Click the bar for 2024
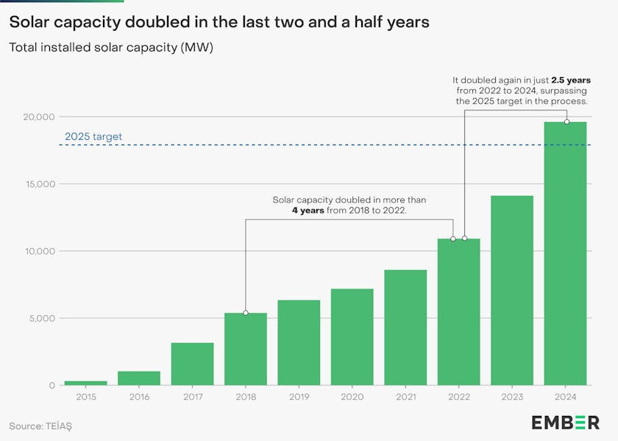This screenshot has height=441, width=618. pyautogui.click(x=565, y=253)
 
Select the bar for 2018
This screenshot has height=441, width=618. pyautogui.click(x=246, y=349)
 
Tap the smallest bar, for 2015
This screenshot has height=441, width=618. pyautogui.click(x=86, y=383)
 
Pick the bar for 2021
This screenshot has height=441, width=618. pyautogui.click(x=405, y=328)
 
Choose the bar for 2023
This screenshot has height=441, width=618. pyautogui.click(x=512, y=290)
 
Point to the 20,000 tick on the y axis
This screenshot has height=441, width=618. pyautogui.click(x=37, y=117)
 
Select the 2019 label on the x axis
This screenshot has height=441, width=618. pyautogui.click(x=299, y=397)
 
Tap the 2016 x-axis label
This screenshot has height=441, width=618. pyautogui.click(x=139, y=397)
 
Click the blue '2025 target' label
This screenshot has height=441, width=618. pyautogui.click(x=93, y=136)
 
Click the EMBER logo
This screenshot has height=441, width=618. pyautogui.click(x=565, y=422)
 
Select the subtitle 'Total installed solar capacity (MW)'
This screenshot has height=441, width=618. pyautogui.click(x=116, y=48)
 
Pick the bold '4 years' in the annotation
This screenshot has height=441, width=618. pyautogui.click(x=308, y=211)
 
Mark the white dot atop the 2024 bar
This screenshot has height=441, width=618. pyautogui.click(x=566, y=121)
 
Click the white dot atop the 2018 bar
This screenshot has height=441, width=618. pyautogui.click(x=246, y=313)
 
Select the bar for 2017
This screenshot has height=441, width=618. pyautogui.click(x=193, y=364)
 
